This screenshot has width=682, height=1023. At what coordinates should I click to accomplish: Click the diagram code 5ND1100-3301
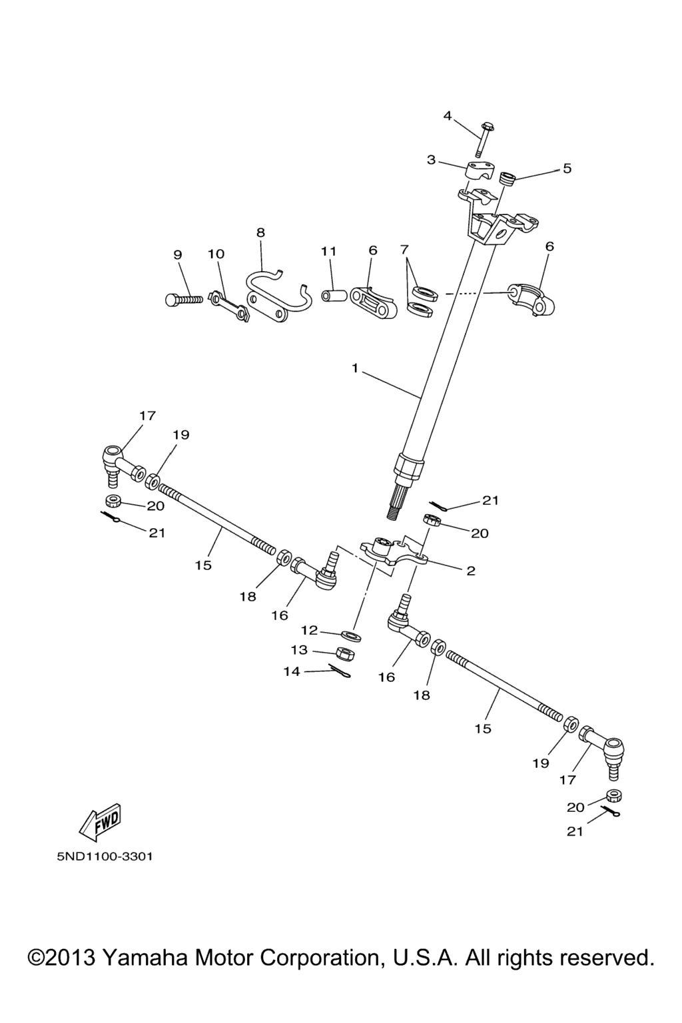(105, 856)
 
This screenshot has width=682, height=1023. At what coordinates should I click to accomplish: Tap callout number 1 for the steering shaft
(356, 368)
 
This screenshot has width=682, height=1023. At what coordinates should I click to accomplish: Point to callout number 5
(567, 169)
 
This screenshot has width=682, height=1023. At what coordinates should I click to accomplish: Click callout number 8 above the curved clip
(260, 232)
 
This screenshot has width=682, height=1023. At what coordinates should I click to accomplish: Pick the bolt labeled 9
(182, 300)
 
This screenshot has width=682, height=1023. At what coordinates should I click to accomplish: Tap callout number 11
(328, 251)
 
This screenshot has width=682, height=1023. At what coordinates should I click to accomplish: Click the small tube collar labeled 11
(332, 294)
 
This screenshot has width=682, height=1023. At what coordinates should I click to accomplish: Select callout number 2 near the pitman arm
(471, 571)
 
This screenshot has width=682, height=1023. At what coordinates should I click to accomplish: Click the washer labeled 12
(352, 635)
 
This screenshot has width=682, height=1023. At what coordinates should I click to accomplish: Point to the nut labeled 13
(344, 653)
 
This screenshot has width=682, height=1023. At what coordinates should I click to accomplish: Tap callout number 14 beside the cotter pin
(292, 671)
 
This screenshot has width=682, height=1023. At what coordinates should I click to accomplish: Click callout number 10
(216, 254)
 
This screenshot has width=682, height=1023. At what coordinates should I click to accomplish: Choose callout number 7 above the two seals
(404, 250)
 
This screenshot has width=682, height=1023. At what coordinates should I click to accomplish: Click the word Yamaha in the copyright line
(145, 958)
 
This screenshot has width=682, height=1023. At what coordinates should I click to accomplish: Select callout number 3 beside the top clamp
(431, 160)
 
